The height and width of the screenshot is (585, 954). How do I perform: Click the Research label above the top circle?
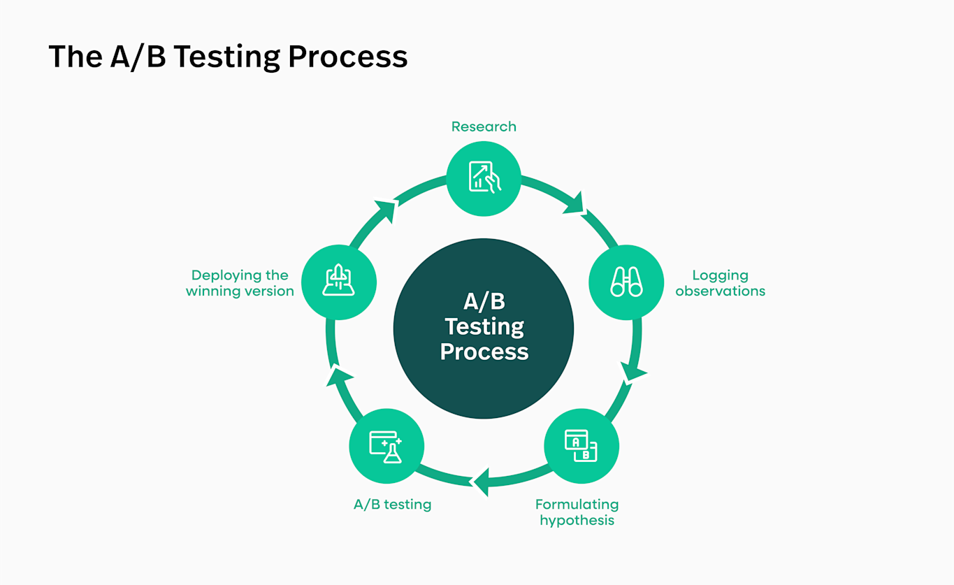click(484, 127)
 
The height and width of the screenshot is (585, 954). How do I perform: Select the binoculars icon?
click(627, 282)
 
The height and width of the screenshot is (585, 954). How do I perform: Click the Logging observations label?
click(720, 283)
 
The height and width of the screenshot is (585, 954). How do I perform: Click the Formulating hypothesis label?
click(577, 512)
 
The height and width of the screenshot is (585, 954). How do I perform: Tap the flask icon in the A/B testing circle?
click(386, 447)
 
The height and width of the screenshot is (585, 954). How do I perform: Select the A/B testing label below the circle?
click(392, 505)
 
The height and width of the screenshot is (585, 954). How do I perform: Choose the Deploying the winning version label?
click(240, 283)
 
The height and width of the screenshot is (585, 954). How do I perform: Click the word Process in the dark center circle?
click(484, 352)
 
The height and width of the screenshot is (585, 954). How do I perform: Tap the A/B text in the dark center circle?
click(484, 301)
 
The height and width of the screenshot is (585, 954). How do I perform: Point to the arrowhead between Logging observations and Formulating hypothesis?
click(632, 371)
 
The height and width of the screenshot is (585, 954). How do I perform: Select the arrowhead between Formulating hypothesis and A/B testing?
click(481, 481)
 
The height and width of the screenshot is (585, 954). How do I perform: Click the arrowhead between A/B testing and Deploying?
click(339, 377)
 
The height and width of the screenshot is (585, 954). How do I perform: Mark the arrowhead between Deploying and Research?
click(386, 210)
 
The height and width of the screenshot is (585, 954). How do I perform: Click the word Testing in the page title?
click(226, 57)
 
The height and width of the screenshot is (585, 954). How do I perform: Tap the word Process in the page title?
click(347, 57)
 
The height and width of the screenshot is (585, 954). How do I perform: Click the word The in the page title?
click(75, 57)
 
